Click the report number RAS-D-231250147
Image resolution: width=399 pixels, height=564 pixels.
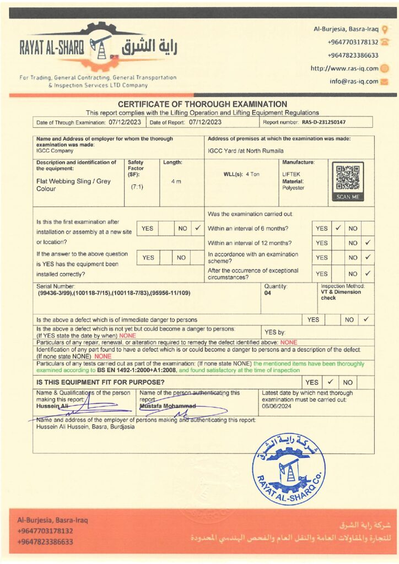click(323, 122)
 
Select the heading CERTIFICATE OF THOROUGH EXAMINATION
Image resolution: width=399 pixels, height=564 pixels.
click(202, 104)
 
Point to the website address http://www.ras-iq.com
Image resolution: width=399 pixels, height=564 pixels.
click(344, 69)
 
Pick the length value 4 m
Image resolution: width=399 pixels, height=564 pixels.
click(176, 182)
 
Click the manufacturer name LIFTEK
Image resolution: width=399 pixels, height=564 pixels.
click(292, 174)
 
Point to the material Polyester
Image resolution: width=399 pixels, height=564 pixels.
click(293, 188)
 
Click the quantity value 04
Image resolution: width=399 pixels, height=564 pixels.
click(268, 293)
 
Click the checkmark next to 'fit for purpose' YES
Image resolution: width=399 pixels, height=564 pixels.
click(330, 382)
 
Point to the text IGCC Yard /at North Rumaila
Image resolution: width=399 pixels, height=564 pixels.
click(246, 150)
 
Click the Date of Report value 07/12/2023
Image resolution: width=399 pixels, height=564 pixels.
click(205, 122)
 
